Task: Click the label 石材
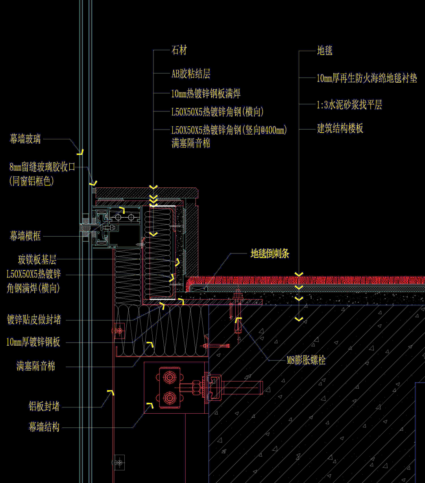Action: (x=179, y=50)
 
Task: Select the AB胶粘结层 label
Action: (x=191, y=74)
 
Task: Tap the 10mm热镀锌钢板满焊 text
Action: (x=206, y=94)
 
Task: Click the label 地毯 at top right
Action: (x=325, y=50)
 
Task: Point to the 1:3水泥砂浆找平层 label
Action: (x=349, y=105)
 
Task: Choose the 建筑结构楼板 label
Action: (x=340, y=128)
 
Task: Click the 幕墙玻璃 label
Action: (x=25, y=139)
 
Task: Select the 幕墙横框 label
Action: (x=25, y=236)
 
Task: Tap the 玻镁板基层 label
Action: (x=37, y=260)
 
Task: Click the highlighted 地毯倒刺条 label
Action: (x=270, y=254)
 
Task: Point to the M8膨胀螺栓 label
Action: (x=306, y=360)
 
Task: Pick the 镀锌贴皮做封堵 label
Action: (x=34, y=320)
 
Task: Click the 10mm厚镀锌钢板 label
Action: (x=33, y=342)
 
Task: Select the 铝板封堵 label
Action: (x=44, y=406)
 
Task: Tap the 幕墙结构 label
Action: (x=44, y=427)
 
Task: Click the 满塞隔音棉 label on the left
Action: (x=36, y=366)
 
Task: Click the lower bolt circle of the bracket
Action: (x=170, y=398)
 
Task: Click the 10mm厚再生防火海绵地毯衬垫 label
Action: (x=367, y=78)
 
